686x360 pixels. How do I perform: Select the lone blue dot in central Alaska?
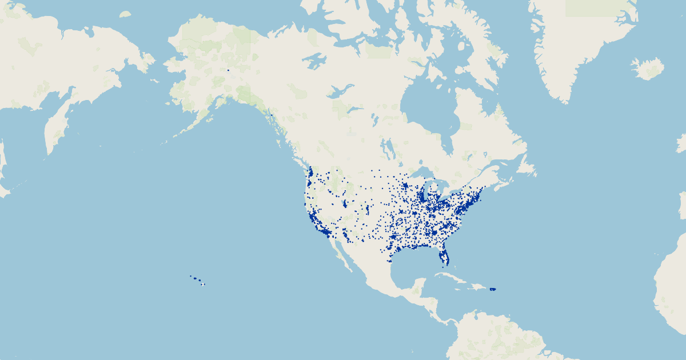coord(228,70)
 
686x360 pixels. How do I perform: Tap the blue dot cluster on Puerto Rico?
coord(493,289)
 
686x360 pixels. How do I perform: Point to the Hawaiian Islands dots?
coord(197,279)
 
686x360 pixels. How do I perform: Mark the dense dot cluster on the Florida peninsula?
coord(445,258)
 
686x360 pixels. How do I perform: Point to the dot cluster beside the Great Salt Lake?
coord(345,203)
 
